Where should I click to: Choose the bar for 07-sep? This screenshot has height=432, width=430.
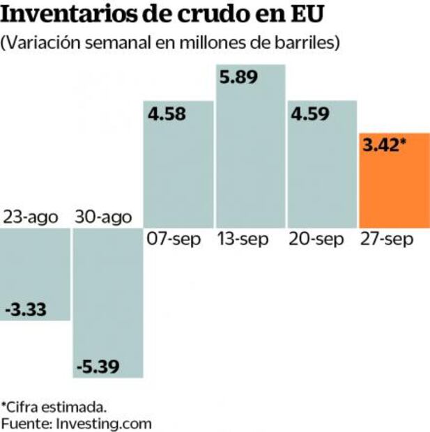[178, 174]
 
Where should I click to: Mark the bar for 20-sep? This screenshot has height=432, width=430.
[322, 174]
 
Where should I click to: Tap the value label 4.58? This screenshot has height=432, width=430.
[168, 114]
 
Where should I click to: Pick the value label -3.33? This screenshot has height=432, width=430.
[26, 309]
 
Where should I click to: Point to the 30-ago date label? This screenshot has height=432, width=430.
[103, 217]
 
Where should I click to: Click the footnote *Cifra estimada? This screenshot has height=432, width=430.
[54, 406]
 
